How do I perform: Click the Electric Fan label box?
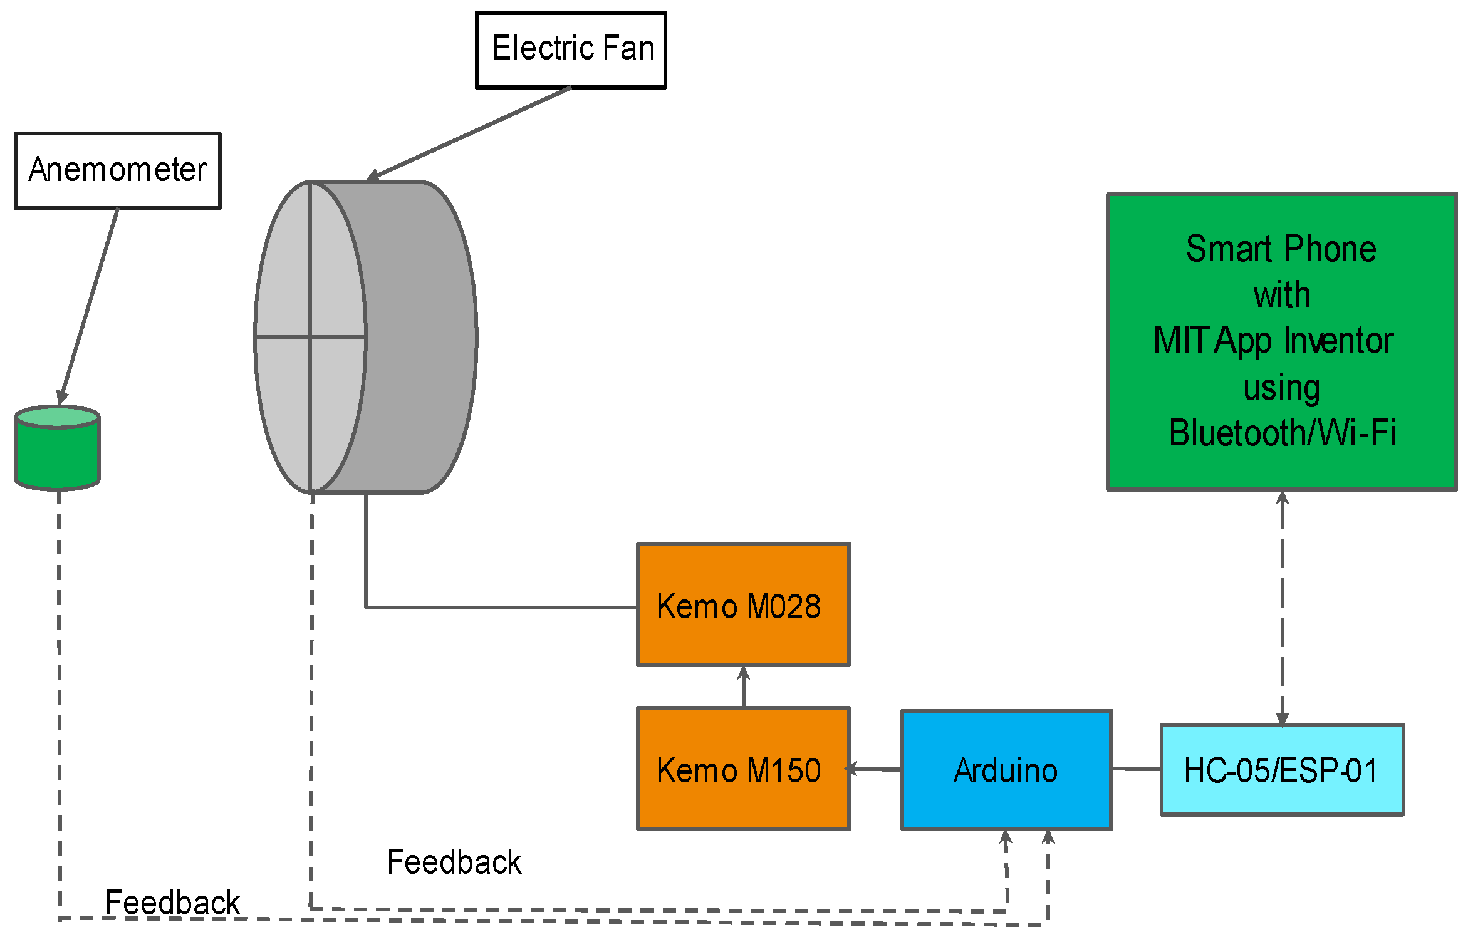click(571, 50)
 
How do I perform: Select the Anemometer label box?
click(118, 170)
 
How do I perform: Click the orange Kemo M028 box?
click(743, 605)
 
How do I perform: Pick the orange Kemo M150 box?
click(743, 769)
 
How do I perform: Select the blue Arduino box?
click(1006, 770)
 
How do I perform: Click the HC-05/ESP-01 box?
click(1282, 770)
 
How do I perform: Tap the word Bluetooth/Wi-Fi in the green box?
click(1282, 433)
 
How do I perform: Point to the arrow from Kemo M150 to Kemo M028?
click(744, 686)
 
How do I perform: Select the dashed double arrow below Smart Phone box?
click(1282, 608)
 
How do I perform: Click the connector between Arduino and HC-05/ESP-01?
click(1136, 769)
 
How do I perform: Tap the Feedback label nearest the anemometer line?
click(172, 903)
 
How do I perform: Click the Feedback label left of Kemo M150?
click(454, 862)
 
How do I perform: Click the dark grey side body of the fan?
click(420, 338)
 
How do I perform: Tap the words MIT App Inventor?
click(1273, 341)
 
